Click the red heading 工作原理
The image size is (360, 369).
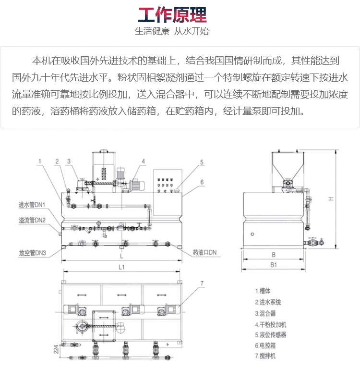(x=172, y=15)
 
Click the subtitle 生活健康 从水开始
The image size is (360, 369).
(x=172, y=31)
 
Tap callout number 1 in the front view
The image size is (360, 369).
(x=40, y=161)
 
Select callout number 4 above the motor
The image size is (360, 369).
(x=143, y=161)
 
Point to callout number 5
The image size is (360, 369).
(x=202, y=162)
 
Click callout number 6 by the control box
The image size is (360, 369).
(x=202, y=182)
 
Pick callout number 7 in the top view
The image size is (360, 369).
(x=202, y=283)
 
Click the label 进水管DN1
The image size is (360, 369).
(x=32, y=205)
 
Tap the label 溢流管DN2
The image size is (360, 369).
(x=32, y=220)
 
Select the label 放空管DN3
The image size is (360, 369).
(x=33, y=253)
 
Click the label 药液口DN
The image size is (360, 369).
(x=204, y=253)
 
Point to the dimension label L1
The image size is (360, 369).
(x=121, y=267)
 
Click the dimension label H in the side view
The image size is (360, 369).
(x=331, y=199)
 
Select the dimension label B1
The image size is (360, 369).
(x=274, y=265)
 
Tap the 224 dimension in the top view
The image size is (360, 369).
(x=56, y=349)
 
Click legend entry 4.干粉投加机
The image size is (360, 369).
(x=270, y=325)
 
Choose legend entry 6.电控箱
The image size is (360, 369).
(x=265, y=346)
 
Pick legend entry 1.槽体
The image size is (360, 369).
(x=263, y=291)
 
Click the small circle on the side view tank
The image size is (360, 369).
(x=252, y=234)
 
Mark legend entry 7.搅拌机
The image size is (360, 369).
(x=265, y=356)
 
